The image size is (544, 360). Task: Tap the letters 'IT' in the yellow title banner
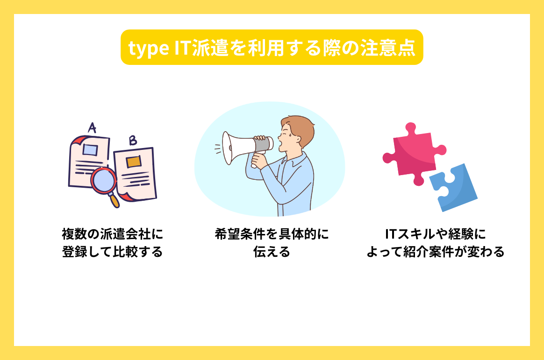click(x=181, y=48)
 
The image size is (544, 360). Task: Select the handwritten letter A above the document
click(x=92, y=127)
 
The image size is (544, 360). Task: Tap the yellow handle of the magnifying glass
click(x=114, y=200)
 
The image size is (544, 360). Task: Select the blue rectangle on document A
click(x=90, y=149)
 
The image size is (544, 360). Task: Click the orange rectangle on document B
click(x=133, y=162)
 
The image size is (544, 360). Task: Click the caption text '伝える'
click(x=272, y=252)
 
